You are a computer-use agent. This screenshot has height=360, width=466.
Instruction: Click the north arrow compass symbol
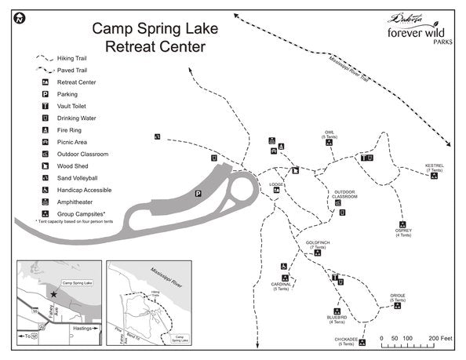18,18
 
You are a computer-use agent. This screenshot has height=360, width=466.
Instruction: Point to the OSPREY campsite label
403,232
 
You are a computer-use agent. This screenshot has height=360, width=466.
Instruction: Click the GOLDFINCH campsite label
318,245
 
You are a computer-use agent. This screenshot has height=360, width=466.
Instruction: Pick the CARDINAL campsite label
281,286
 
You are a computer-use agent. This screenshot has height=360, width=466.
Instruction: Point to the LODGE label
276,186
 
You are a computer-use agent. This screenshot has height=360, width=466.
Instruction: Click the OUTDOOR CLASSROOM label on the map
345,195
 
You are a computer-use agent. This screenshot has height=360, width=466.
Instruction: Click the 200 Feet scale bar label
442,339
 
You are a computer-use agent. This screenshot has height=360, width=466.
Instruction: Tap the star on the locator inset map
53,294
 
